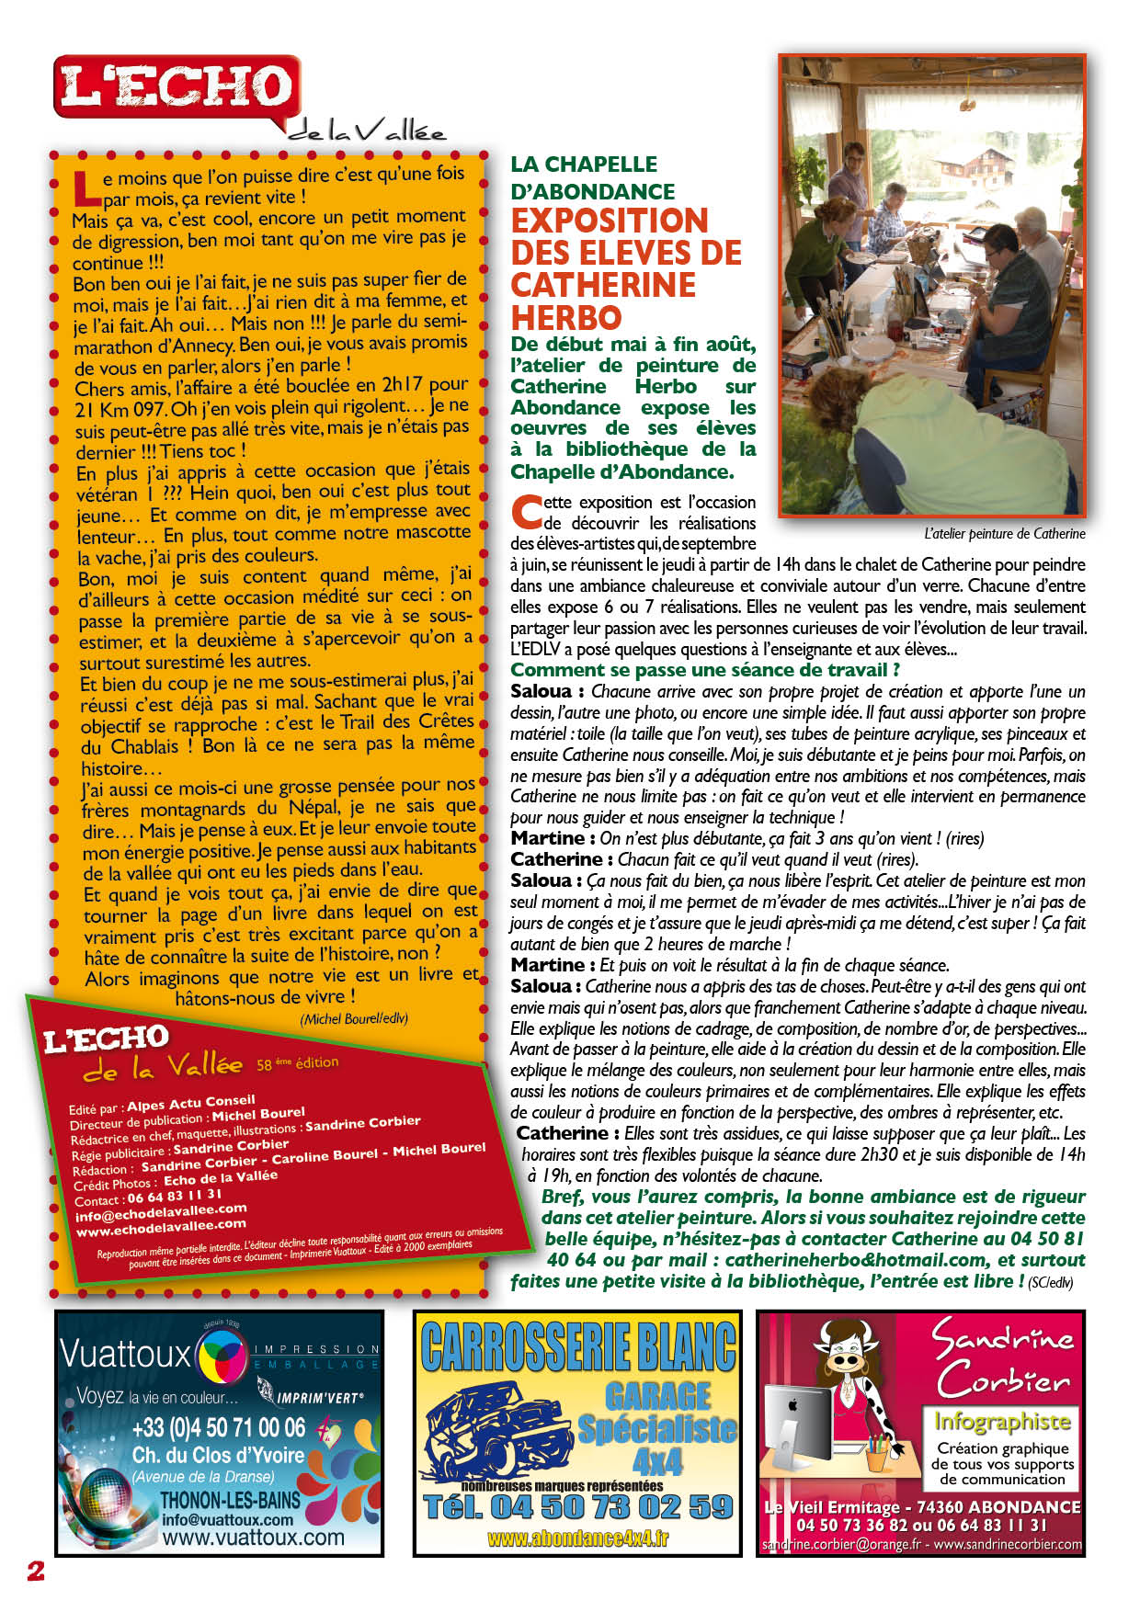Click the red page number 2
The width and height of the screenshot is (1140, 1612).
(x=36, y=1571)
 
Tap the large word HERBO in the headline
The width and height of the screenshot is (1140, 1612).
(x=566, y=318)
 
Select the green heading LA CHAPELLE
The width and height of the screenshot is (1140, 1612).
(x=584, y=165)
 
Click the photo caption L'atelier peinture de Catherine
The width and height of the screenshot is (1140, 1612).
(x=1004, y=533)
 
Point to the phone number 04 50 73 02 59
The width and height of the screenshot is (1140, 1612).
(x=578, y=1506)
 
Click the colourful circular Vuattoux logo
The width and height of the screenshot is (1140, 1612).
(x=222, y=1355)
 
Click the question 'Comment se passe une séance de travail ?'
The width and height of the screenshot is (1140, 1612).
(x=704, y=670)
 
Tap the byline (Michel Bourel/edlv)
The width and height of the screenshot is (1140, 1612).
(x=354, y=1019)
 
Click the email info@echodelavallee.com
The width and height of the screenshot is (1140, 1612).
(x=161, y=1213)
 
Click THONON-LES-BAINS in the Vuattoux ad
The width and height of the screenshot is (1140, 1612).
(x=230, y=1499)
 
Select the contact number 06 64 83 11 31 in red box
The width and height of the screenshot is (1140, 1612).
(x=174, y=1197)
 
